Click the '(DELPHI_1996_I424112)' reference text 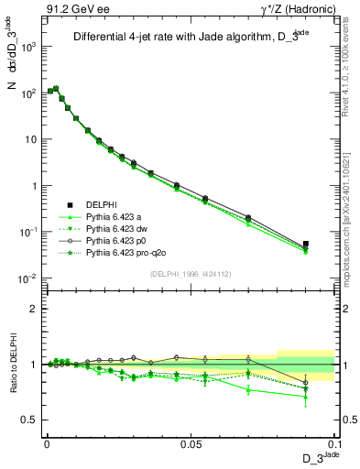[190, 272]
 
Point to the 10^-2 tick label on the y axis [27, 278]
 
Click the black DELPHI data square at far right [306, 245]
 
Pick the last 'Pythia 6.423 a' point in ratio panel [306, 397]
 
